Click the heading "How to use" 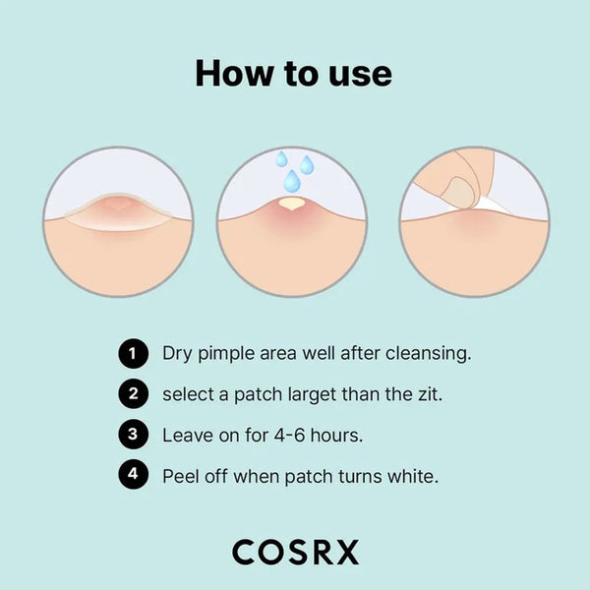293,73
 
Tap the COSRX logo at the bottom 295,552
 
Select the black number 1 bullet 133,353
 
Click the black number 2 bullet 133,394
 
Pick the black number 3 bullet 133,435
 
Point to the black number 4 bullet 133,474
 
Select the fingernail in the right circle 458,192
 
